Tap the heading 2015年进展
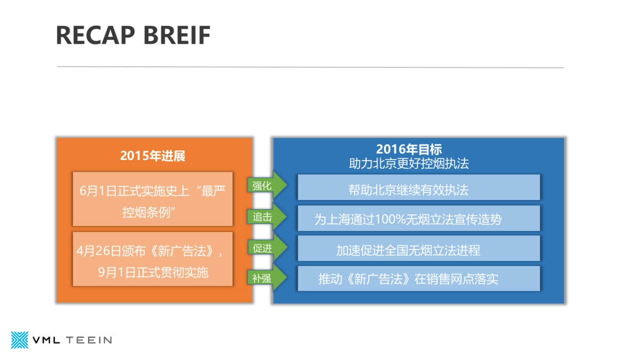coord(153,156)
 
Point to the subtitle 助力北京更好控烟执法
coord(409,164)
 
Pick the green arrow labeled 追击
coord(265,217)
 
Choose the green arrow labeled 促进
coord(265,247)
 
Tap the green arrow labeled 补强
coord(265,278)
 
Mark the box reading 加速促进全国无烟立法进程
coord(419,249)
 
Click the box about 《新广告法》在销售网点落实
coord(419,278)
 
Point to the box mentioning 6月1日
coord(153,199)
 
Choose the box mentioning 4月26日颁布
coord(153,259)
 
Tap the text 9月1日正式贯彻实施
coord(153,273)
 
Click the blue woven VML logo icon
coord(20,340)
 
